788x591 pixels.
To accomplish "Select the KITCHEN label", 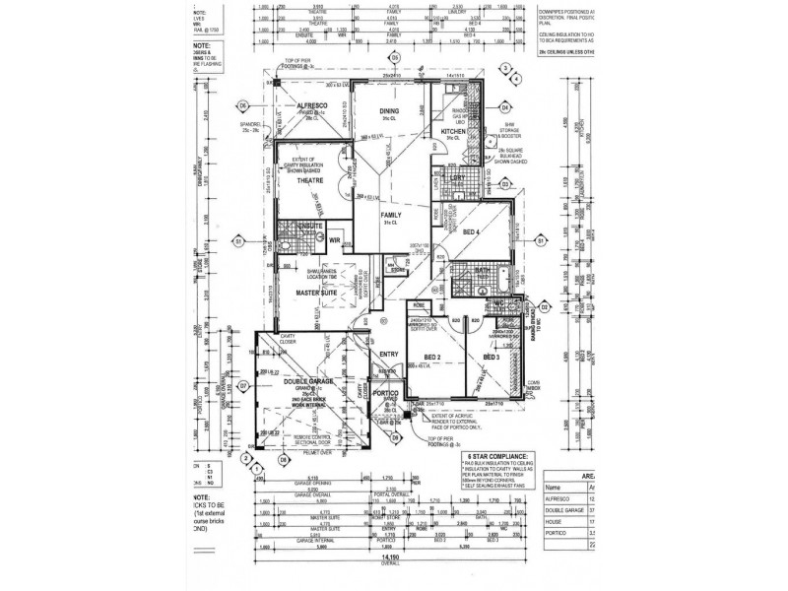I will (452, 131).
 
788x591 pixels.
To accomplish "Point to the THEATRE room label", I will (312, 182).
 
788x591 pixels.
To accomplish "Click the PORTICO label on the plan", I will (386, 393).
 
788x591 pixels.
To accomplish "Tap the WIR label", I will (334, 239).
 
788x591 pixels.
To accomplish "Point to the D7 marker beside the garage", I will (242, 386).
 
